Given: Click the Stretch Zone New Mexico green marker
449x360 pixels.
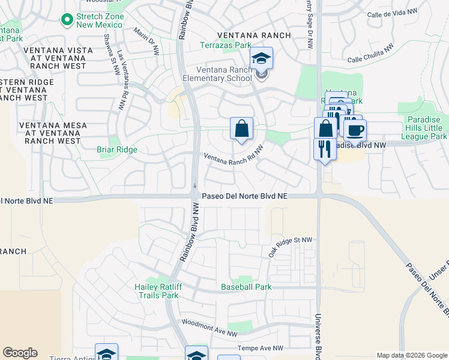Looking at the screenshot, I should pyautogui.click(x=66, y=20).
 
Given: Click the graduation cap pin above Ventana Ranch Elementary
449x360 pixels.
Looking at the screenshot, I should pyautogui.click(x=261, y=59).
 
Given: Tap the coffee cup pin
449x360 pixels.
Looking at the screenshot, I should pyautogui.click(x=355, y=130).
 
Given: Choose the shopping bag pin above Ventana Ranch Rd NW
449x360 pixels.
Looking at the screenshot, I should pyautogui.click(x=241, y=128).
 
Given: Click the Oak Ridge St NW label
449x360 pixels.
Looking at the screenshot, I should pyautogui.click(x=291, y=246).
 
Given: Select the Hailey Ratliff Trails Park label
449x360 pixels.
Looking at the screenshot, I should pyautogui.click(x=156, y=291).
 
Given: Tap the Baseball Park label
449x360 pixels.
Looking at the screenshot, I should pyautogui.click(x=246, y=287).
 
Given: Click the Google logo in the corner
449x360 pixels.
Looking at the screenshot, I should pyautogui.click(x=20, y=353).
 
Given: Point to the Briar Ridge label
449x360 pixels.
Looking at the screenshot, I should pyautogui.click(x=117, y=150).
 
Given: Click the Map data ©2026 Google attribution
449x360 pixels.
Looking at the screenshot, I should pyautogui.click(x=412, y=355).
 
